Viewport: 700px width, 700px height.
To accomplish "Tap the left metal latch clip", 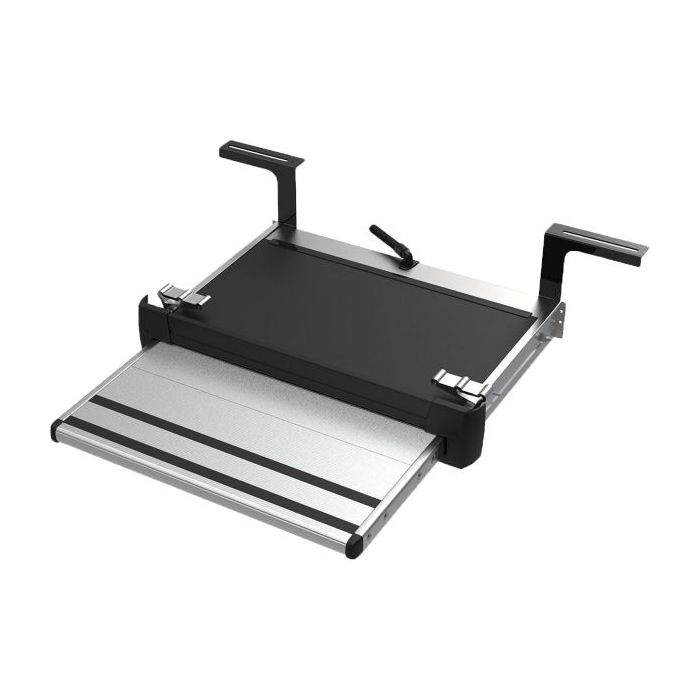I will point(183,296).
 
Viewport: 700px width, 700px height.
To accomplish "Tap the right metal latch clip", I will point(459,385).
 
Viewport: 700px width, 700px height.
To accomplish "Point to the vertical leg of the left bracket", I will point(288,196).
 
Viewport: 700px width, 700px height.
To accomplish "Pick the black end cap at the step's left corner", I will point(56,431).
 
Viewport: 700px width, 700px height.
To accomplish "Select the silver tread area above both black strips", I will point(260,400).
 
